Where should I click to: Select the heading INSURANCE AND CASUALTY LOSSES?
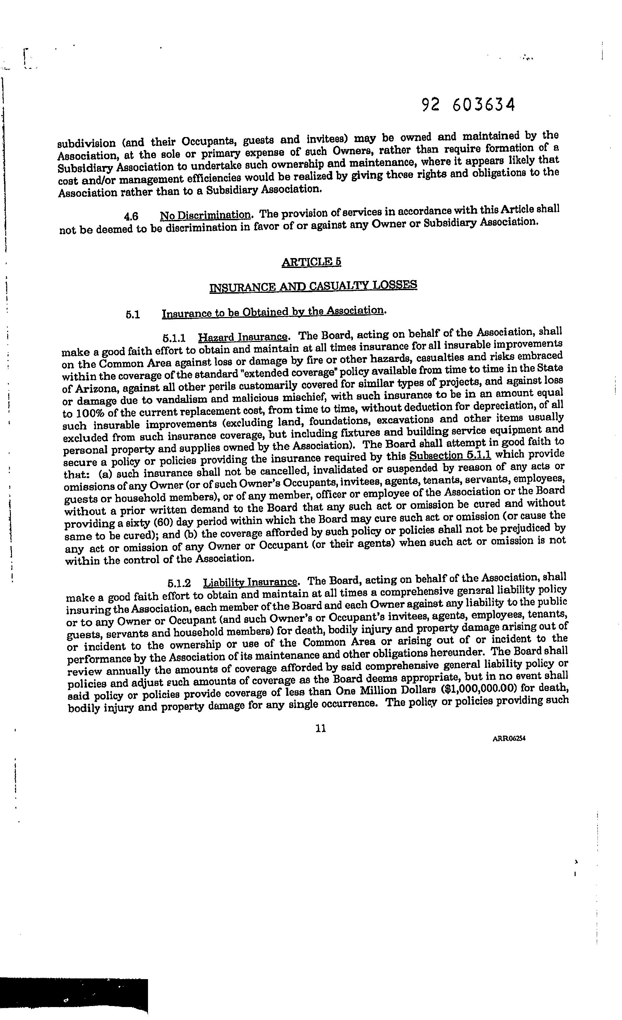click(313, 286)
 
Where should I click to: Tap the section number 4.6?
click(131, 216)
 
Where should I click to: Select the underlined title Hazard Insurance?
click(243, 336)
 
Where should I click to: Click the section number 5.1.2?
click(179, 583)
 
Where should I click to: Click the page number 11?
click(321, 729)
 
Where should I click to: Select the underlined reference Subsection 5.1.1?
click(450, 455)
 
